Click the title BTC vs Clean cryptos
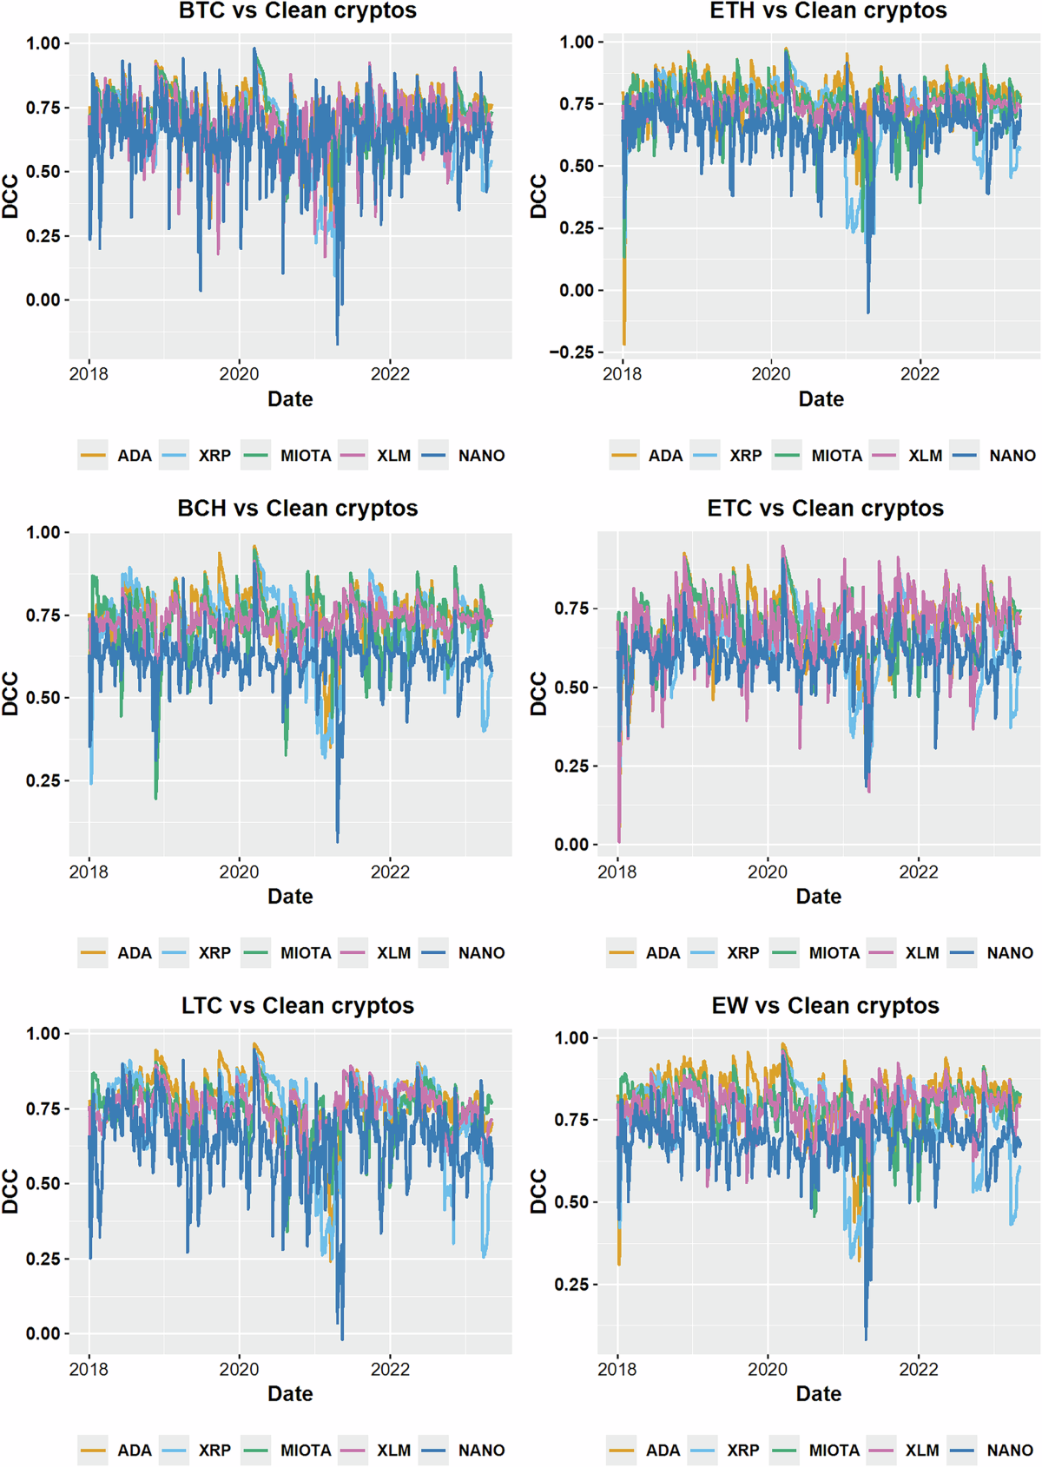click(x=297, y=11)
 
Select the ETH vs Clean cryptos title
click(x=828, y=11)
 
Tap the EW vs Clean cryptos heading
click(x=825, y=1005)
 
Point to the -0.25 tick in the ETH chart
click(x=570, y=352)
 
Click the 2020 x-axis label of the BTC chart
click(x=239, y=374)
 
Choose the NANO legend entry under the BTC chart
click(x=480, y=456)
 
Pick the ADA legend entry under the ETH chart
click(x=664, y=456)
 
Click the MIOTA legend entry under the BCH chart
click(x=305, y=953)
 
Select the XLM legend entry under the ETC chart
click(x=921, y=953)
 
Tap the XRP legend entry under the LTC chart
click(x=214, y=1451)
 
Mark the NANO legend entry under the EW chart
click(x=1009, y=1451)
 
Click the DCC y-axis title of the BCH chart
click(x=10, y=694)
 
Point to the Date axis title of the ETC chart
click(x=818, y=897)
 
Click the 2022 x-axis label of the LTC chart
click(x=390, y=1370)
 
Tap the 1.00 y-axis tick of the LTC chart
click(x=43, y=1034)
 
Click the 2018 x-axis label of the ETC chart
click(x=617, y=872)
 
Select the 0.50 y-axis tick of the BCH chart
click(x=43, y=698)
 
